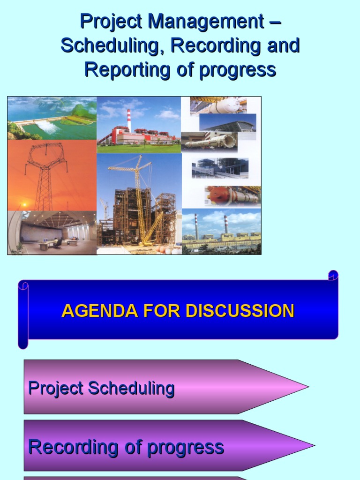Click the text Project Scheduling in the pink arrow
tap(101, 388)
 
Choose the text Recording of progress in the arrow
tap(126, 447)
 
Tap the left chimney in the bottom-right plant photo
tap(196, 225)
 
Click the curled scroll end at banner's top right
tap(333, 275)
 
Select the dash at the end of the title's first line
tap(275, 22)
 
